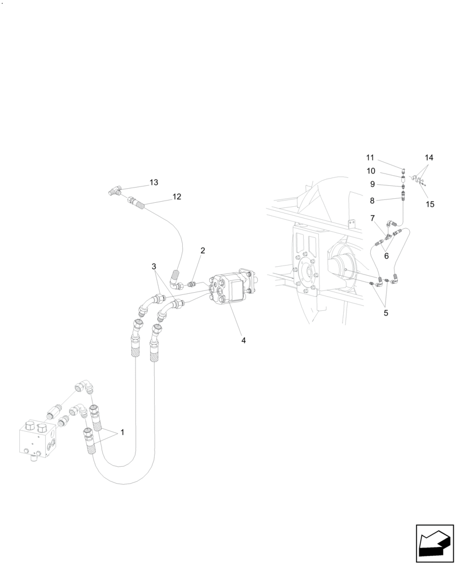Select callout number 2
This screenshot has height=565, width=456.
click(202, 250)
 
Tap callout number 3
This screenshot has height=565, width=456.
click(154, 266)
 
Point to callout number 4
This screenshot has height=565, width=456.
click(243, 341)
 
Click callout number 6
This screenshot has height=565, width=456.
click(386, 255)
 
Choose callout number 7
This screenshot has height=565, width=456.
click(372, 218)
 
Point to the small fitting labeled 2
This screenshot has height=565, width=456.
click(191, 284)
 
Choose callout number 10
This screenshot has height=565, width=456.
click(370, 171)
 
